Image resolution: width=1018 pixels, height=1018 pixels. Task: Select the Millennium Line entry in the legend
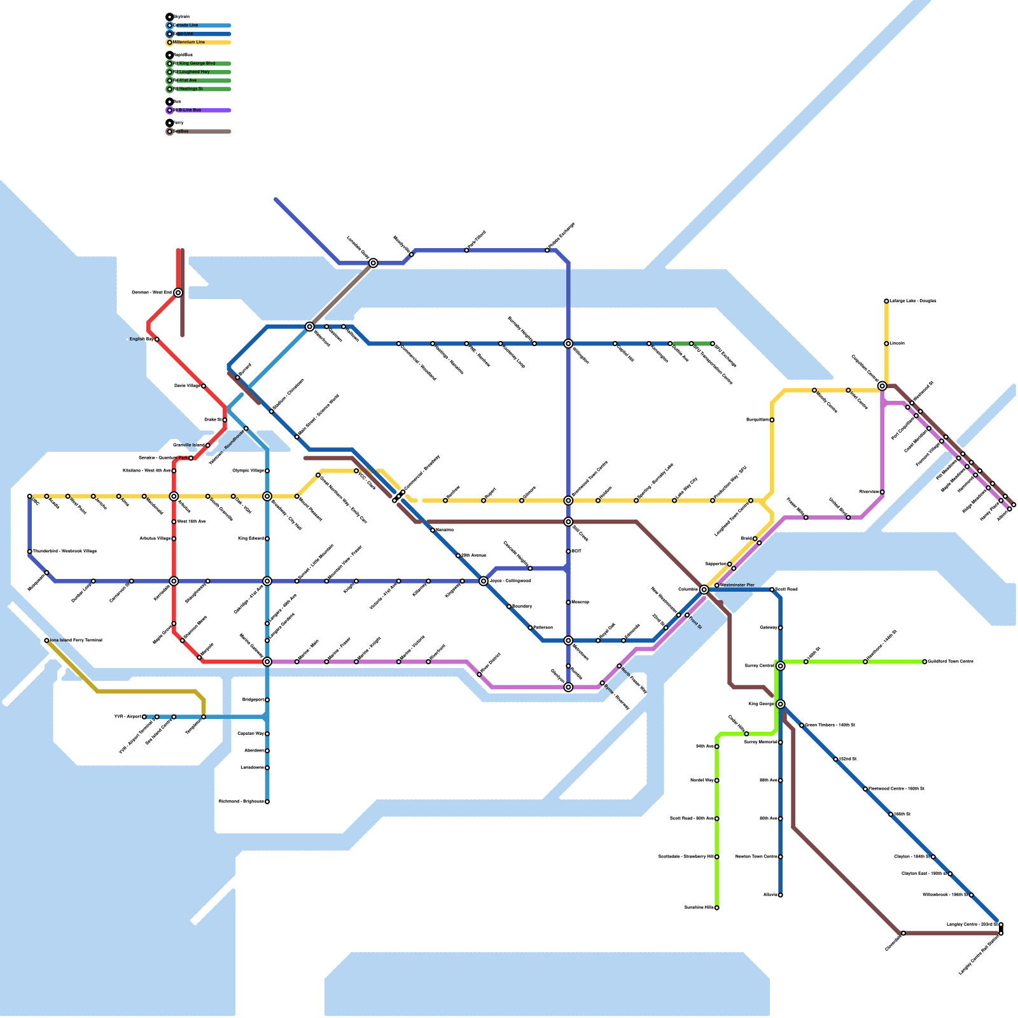190,43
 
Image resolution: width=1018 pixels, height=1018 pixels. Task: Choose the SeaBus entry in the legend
181,132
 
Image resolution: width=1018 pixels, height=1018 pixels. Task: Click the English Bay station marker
157,339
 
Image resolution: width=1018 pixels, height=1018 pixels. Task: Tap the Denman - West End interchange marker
178,293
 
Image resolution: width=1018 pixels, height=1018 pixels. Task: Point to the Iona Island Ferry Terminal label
75,640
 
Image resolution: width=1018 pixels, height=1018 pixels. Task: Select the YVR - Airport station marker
144,717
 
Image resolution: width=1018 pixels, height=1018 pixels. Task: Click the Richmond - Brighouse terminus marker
267,802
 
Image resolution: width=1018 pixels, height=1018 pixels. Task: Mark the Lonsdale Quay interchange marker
373,263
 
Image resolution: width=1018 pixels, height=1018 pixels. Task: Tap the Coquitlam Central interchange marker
882,386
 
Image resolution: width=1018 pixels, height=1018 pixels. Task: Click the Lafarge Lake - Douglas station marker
886,301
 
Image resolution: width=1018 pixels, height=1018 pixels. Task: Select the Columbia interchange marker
704,590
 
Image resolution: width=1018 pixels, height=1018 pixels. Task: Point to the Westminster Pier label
737,585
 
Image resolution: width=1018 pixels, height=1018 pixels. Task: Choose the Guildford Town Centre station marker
924,662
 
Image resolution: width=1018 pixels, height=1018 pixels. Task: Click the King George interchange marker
780,704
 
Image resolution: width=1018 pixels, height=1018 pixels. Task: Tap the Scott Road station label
786,589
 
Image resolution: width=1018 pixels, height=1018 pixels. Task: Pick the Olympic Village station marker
267,471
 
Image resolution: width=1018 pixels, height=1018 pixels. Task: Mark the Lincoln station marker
886,344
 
